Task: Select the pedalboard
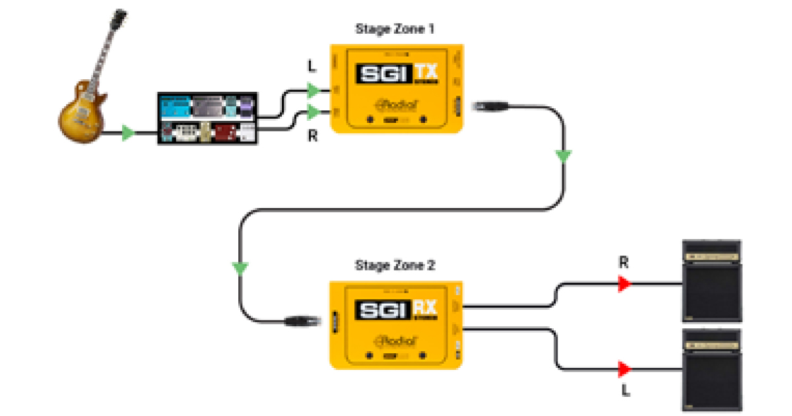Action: (x=208, y=119)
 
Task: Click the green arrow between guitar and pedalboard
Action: (x=129, y=134)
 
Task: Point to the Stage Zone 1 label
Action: (x=395, y=29)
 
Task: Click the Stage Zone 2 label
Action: (x=395, y=266)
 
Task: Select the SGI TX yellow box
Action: (x=397, y=88)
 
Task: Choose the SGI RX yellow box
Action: (x=397, y=324)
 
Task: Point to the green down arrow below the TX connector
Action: (x=562, y=156)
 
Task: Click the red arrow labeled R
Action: (x=624, y=284)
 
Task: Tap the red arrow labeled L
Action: (x=624, y=368)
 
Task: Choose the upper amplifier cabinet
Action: (x=712, y=280)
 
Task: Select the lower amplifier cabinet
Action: (x=712, y=369)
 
